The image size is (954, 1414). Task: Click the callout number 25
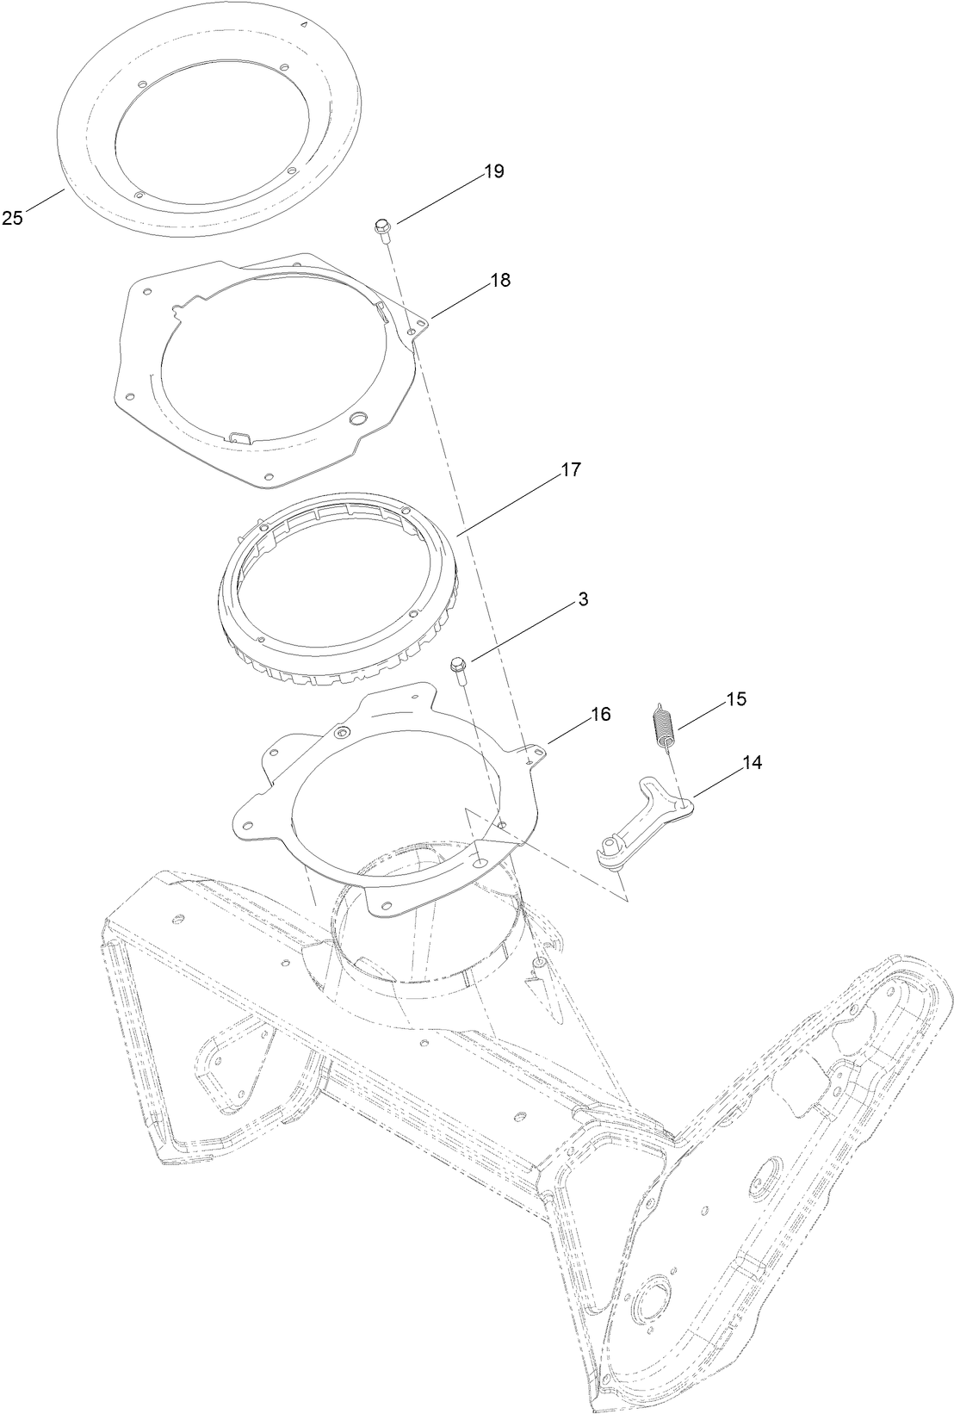coord(12,219)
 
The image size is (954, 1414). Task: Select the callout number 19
coord(493,171)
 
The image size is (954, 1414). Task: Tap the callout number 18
coord(500,280)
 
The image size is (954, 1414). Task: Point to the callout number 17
coord(571,470)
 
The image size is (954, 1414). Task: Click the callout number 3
coord(583,600)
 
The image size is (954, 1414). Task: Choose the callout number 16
coord(600,714)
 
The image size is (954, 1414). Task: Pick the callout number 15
coord(735,698)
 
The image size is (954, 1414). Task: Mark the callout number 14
coord(752,761)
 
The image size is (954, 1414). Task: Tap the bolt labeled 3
coord(458,667)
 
